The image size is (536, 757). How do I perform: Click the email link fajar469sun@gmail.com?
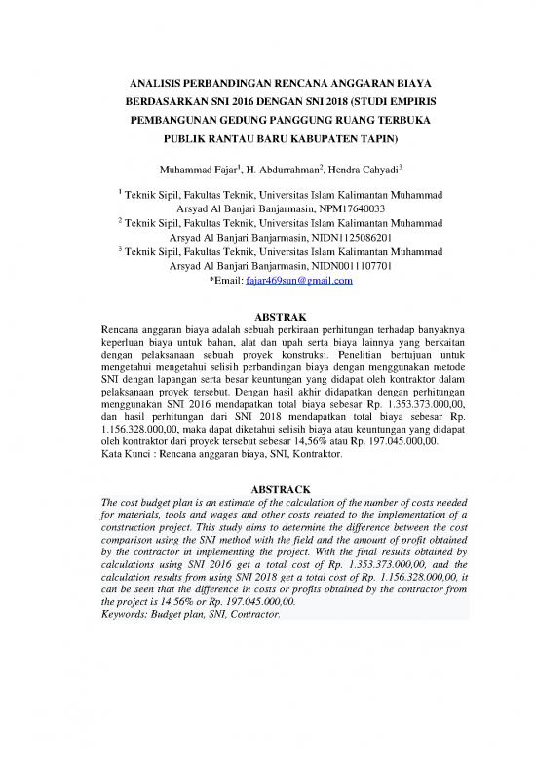coord(296,281)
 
